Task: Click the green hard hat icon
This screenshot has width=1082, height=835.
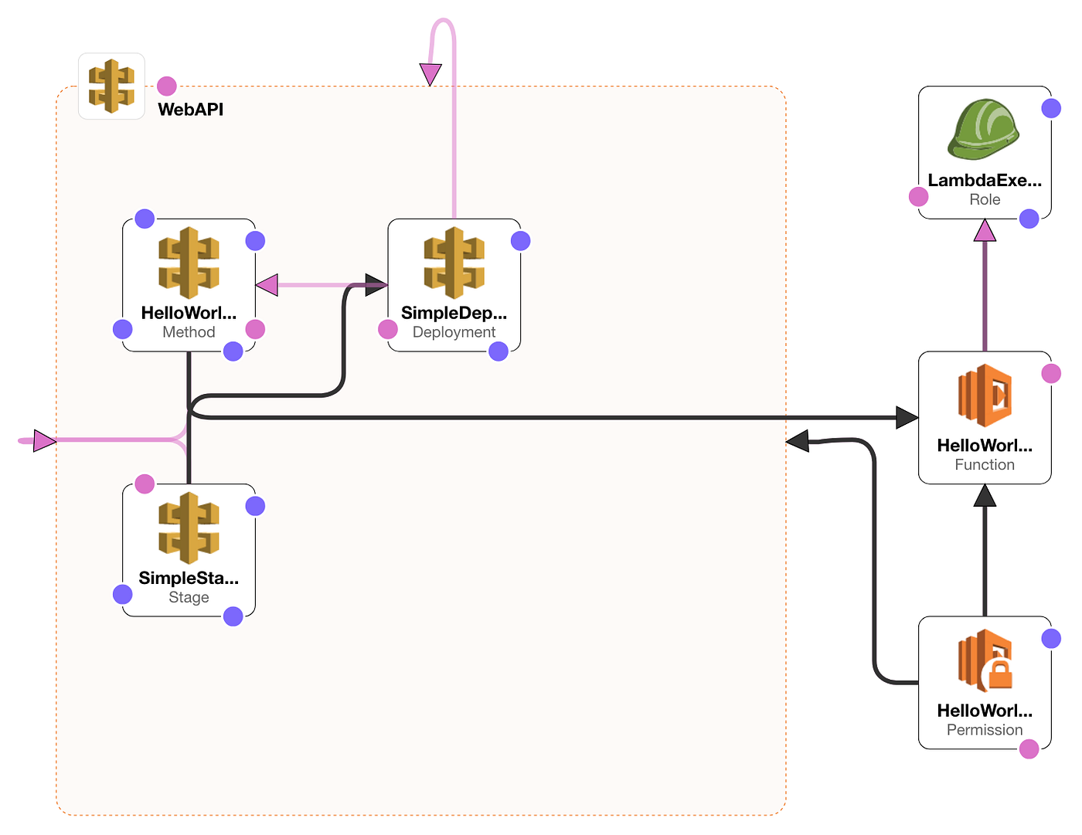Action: click(x=984, y=129)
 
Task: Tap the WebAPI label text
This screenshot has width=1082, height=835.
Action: click(x=190, y=110)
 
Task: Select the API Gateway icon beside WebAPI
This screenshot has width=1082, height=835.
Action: click(x=111, y=86)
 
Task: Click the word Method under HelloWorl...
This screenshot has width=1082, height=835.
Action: click(x=189, y=332)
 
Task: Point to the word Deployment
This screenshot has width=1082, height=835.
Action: click(x=454, y=332)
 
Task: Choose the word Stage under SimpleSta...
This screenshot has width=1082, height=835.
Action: click(x=189, y=597)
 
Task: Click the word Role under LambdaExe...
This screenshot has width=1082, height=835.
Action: click(x=985, y=199)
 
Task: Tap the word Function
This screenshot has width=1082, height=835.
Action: click(x=985, y=464)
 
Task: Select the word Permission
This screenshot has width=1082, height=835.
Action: click(x=985, y=730)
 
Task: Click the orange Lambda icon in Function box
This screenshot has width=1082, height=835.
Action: click(x=985, y=395)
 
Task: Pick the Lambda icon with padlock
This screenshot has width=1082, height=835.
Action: click(x=985, y=661)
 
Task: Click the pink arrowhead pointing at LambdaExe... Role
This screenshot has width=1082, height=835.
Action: click(x=985, y=230)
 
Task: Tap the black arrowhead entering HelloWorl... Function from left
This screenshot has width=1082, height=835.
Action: click(x=907, y=418)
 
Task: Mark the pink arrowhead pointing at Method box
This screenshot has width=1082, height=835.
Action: click(x=267, y=285)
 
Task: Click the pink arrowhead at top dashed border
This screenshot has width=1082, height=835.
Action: click(x=430, y=74)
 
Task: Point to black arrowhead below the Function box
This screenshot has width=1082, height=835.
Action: click(x=985, y=495)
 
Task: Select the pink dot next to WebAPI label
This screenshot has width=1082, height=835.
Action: click(x=167, y=86)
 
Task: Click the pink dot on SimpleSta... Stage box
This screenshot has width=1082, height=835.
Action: click(x=145, y=484)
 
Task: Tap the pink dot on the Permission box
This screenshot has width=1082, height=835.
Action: click(x=1029, y=748)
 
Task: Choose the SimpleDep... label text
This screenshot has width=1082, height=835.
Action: click(x=454, y=313)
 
